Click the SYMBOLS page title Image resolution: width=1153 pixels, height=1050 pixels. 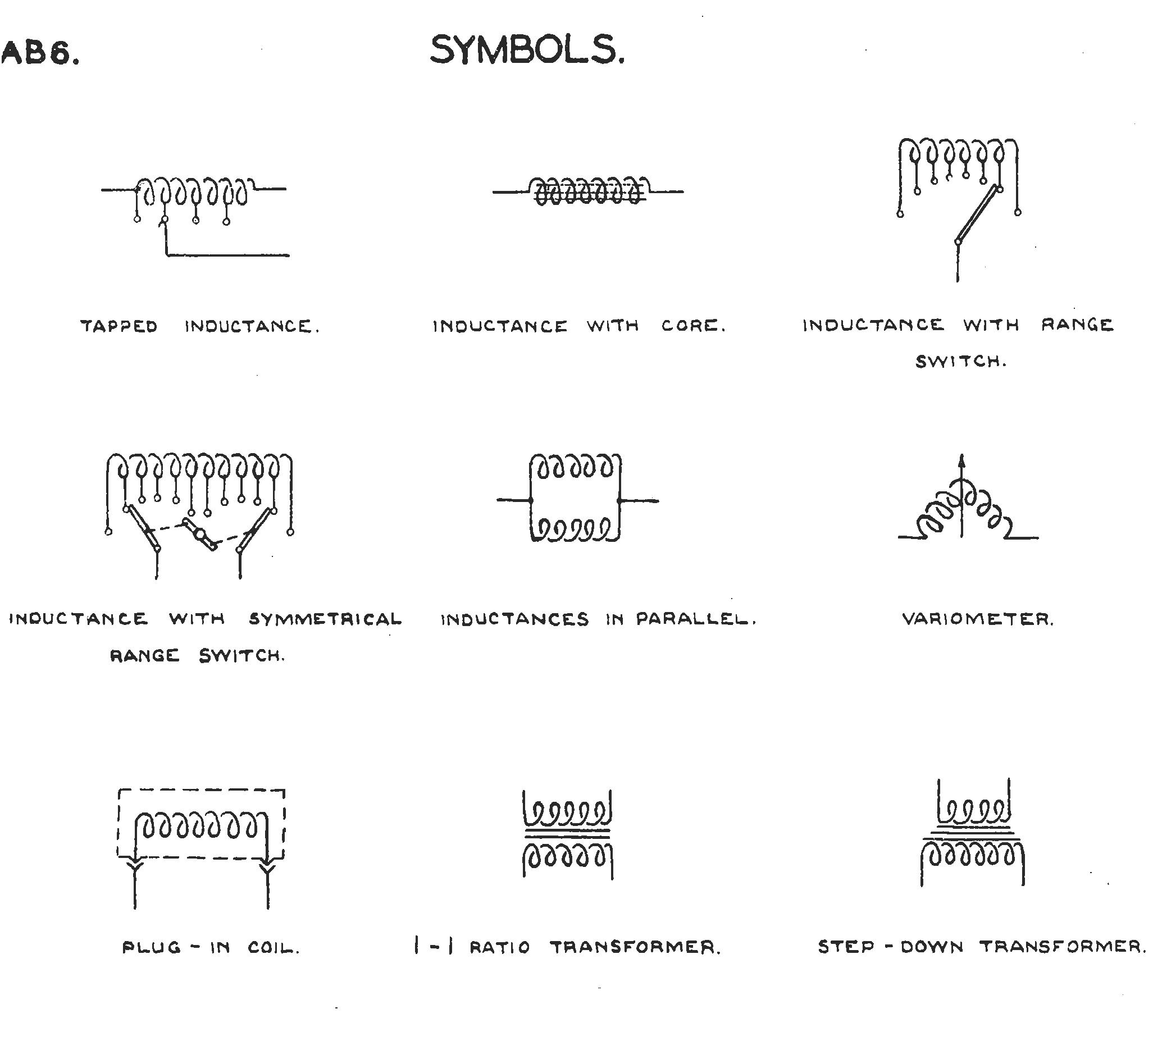527,50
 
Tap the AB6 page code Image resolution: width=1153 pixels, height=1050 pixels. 40,54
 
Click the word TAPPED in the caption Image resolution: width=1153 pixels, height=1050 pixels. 119,327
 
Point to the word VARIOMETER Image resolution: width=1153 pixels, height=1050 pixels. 978,619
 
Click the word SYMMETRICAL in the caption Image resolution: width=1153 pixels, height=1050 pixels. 325,619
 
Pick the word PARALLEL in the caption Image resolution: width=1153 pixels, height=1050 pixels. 696,619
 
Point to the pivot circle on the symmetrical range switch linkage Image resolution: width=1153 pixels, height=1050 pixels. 200,535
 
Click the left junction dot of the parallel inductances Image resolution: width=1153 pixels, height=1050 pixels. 531,500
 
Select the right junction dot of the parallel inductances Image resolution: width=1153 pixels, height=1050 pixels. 619,500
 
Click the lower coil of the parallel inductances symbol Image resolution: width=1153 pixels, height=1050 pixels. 575,529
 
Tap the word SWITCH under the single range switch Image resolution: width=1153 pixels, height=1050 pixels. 961,362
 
